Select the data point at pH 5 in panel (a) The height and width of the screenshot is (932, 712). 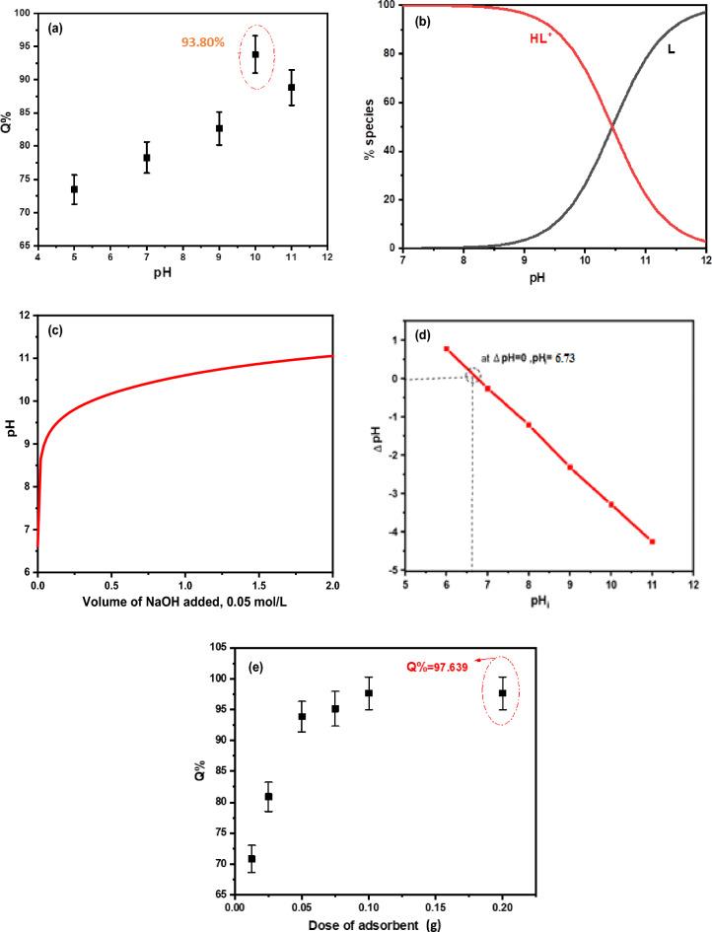[x=74, y=188]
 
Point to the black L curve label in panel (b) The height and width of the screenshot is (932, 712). [x=672, y=48]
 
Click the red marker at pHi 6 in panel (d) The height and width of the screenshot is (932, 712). [x=446, y=348]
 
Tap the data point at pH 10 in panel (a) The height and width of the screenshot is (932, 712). [x=255, y=54]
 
